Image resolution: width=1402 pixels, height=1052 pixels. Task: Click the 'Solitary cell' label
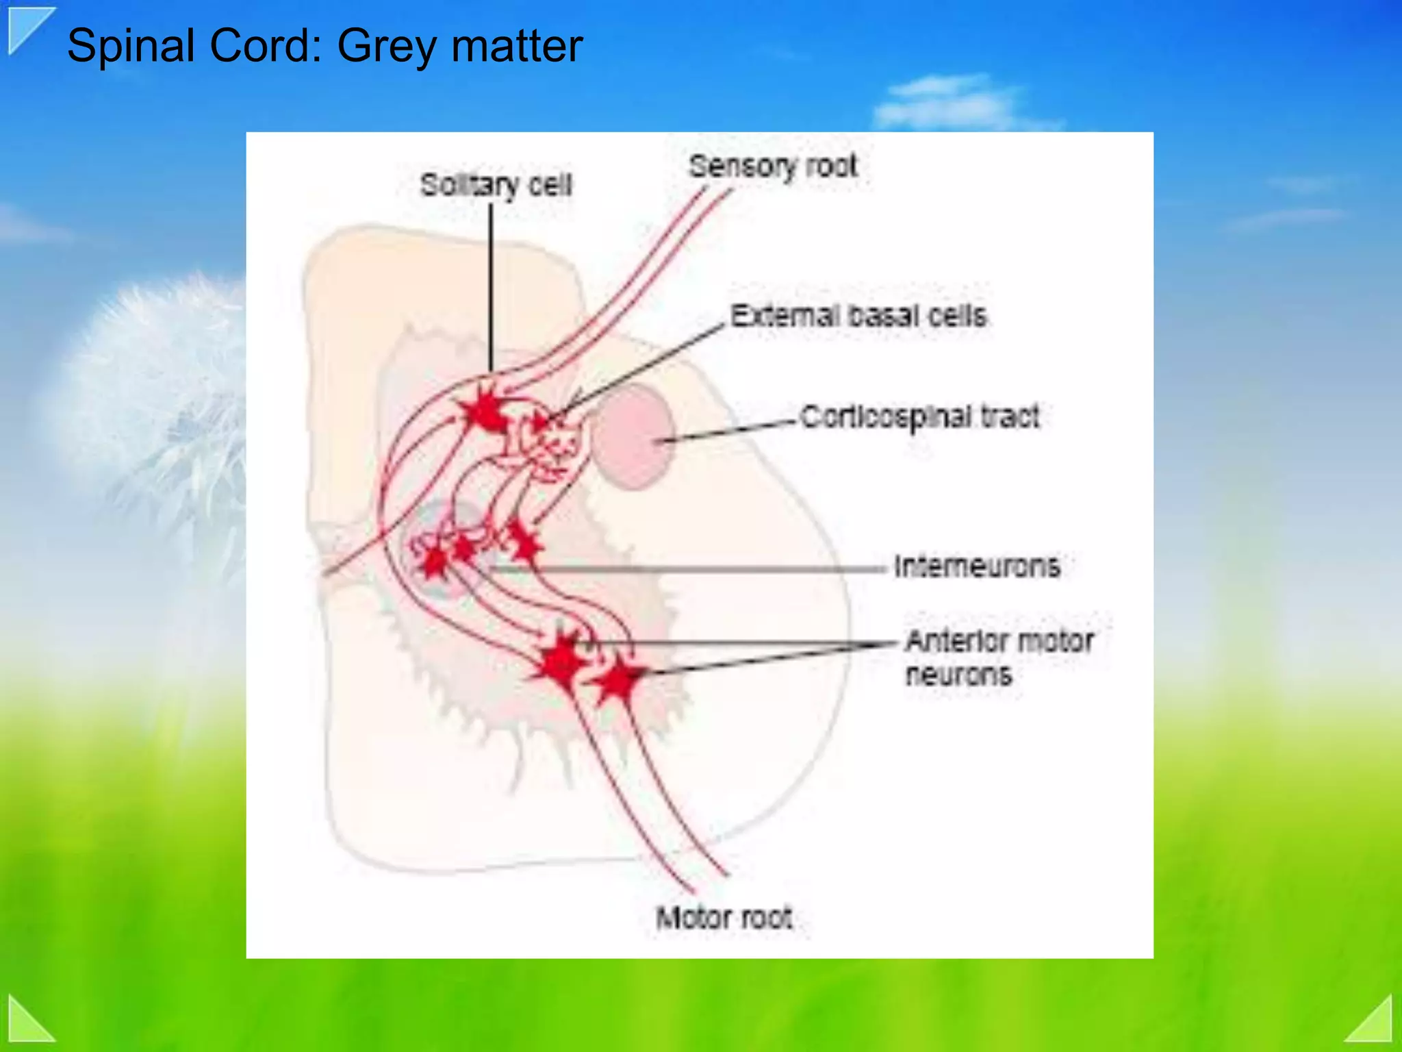tap(496, 185)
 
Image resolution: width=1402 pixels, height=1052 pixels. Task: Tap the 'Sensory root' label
tap(772, 166)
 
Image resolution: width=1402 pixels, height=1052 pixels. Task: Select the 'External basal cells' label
tap(858, 316)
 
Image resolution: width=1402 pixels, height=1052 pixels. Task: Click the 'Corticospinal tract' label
tap(919, 416)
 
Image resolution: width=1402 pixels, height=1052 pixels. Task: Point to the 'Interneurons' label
tap(976, 566)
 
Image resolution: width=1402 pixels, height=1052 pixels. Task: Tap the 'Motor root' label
tap(724, 917)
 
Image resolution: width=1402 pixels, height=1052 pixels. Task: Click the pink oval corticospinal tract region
tap(631, 436)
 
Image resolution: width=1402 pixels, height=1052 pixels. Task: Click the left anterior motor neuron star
tap(561, 661)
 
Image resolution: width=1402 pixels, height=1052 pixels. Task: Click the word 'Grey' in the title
tap(387, 47)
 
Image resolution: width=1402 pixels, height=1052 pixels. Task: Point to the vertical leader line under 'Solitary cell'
tap(491, 288)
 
